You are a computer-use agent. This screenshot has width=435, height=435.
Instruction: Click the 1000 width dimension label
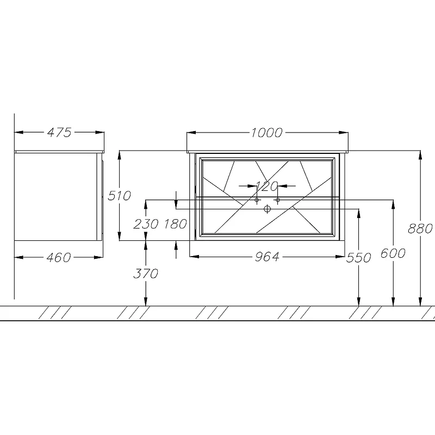click(x=266, y=133)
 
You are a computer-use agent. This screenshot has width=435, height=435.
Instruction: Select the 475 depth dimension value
click(x=59, y=132)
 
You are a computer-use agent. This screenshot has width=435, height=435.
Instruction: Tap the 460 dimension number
click(x=59, y=257)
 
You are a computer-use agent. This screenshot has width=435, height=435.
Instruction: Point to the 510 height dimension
click(x=119, y=196)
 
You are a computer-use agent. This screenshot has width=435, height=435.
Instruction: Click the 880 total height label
click(x=420, y=228)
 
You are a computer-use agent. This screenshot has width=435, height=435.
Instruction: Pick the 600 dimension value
click(x=393, y=253)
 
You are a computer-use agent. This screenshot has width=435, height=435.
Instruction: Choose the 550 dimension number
click(x=359, y=258)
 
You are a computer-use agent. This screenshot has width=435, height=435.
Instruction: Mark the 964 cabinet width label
click(x=267, y=257)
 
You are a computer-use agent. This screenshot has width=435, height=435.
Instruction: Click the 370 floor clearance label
click(x=146, y=274)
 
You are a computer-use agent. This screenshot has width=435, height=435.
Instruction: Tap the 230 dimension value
click(x=146, y=224)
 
